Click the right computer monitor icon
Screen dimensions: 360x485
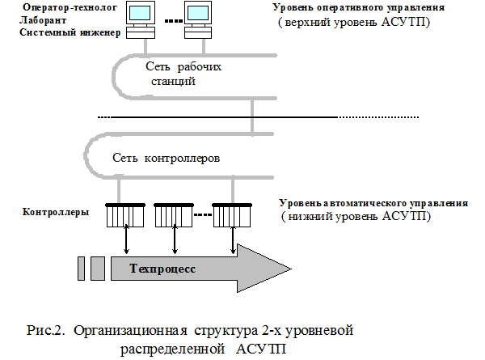[196, 15]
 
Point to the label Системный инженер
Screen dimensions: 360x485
[68, 33]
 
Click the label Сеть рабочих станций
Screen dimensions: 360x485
[183, 74]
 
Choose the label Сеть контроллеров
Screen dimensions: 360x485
[167, 157]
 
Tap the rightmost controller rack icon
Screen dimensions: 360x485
[231, 217]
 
